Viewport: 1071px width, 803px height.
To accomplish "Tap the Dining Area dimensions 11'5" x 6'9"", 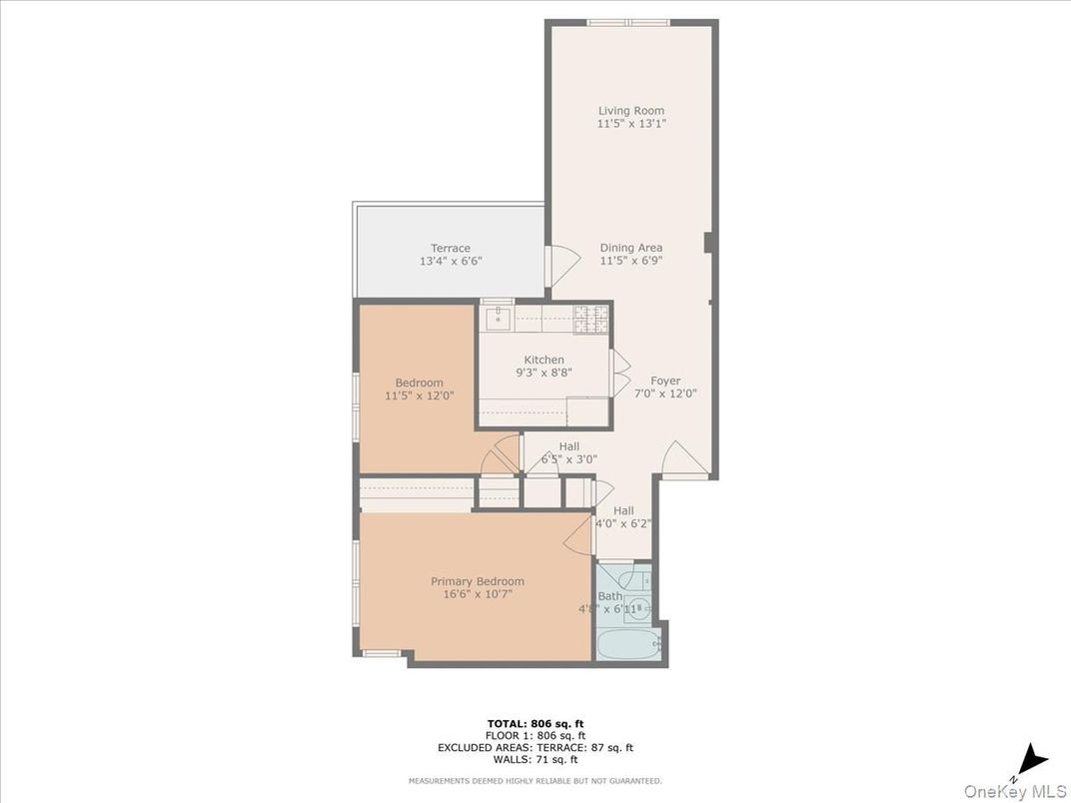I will pos(631,261).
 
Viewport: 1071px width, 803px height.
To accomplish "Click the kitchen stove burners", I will pos(590,319).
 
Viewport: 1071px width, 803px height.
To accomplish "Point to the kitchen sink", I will pos(498,319).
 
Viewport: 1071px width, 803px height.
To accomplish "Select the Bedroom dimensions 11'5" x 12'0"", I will pos(420,396).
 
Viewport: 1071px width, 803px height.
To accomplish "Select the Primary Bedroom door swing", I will pos(579,534).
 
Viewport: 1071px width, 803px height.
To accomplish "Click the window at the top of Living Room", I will pos(628,22).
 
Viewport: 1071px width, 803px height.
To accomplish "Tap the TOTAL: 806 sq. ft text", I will pos(535,722).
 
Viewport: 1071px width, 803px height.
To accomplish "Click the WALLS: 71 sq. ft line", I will pos(535,759).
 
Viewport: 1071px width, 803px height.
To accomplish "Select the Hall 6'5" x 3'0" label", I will pos(568,453).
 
